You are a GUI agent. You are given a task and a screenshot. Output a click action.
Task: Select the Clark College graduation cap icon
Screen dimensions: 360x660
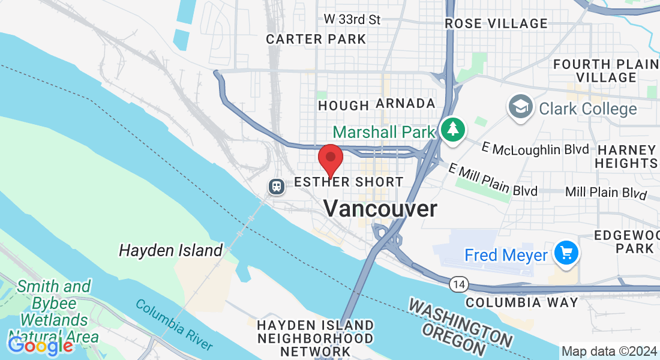click(x=519, y=108)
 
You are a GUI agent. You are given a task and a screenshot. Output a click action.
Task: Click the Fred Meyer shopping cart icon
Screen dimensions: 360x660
click(x=566, y=254)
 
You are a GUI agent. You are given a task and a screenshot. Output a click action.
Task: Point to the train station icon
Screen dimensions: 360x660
click(x=276, y=186)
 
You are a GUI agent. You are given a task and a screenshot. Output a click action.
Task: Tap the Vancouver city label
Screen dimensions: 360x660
click(x=380, y=209)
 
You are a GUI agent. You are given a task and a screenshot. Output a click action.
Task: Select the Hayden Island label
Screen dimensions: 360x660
click(x=171, y=250)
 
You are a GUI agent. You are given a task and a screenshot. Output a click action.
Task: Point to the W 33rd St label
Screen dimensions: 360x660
click(x=352, y=19)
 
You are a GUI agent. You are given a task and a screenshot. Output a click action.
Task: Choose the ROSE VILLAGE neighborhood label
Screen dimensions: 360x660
click(x=496, y=23)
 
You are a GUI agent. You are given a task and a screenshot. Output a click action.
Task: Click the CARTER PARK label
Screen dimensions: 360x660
click(x=316, y=39)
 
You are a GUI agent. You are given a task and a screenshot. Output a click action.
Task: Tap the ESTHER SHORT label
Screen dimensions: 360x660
click(x=349, y=182)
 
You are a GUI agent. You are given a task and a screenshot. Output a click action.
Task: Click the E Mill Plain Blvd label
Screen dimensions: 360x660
click(x=492, y=181)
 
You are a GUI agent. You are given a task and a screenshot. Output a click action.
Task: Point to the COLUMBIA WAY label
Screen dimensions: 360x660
click(x=522, y=302)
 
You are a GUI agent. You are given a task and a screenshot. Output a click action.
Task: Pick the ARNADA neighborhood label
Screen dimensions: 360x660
click(x=405, y=103)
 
